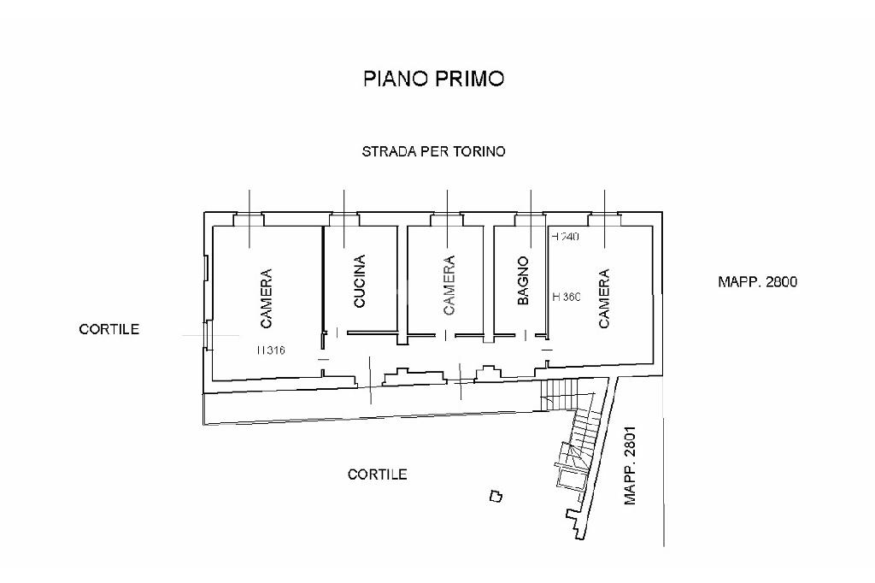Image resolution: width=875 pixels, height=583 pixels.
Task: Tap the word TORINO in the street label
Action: pos(477,151)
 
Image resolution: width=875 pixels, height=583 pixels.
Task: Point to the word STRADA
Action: pos(388,151)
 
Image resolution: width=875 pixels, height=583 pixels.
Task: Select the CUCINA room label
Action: pos(360,281)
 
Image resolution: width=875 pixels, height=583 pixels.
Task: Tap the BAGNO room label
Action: pos(523,280)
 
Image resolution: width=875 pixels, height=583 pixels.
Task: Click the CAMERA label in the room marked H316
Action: pos(267,298)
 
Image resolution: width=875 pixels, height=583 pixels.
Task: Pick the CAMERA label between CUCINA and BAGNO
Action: pos(449,286)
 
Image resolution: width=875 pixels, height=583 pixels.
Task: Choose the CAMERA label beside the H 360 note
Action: pos(604,298)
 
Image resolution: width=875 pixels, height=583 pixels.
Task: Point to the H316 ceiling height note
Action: pos(271,350)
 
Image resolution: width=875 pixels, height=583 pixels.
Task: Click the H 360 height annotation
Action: pos(567,297)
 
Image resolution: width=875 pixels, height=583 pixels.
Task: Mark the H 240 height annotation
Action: pos(566,237)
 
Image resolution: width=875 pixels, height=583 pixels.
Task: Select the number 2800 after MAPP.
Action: pos(782,281)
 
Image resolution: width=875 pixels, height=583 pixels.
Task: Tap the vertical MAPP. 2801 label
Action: pos(631,466)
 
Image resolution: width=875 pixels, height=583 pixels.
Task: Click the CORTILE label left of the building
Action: pos(109,329)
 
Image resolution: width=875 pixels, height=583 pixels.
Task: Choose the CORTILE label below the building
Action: pos(377,474)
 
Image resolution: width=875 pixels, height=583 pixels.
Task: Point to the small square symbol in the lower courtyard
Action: pos(496,495)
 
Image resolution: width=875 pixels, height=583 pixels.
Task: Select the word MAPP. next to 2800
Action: pos(739,281)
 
